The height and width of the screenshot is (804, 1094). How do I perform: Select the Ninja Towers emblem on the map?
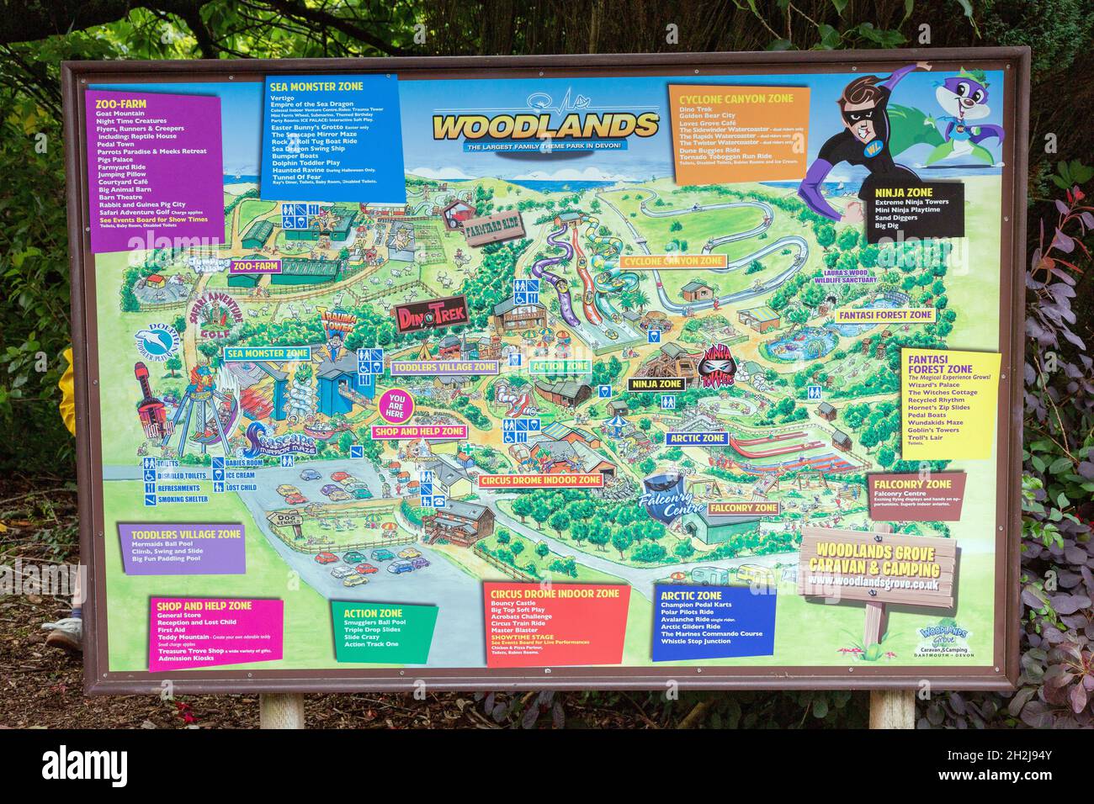718,368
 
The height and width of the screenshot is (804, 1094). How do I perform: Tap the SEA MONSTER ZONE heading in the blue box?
304,86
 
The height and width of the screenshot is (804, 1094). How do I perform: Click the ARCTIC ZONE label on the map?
698,438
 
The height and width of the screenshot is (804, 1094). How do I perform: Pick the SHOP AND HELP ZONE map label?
418,431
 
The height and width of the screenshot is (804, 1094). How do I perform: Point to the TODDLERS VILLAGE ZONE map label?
443,368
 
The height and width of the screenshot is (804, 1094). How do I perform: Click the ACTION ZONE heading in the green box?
373,613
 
